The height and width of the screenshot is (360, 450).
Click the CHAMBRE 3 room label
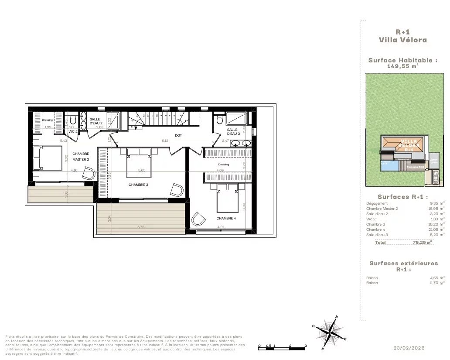click(138, 185)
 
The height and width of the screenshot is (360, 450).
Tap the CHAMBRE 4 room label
click(226, 218)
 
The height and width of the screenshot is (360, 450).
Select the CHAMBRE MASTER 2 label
click(81, 156)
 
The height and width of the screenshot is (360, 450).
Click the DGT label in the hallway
click(178, 135)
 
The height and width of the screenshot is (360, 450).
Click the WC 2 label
click(73, 131)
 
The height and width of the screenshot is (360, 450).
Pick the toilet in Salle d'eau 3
click(219, 118)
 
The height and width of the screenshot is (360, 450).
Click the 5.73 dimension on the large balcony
click(141, 227)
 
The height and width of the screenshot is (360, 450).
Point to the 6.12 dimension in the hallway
click(165, 141)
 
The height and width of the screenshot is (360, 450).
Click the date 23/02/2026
click(409, 348)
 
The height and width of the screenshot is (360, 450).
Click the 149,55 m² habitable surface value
click(402, 67)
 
